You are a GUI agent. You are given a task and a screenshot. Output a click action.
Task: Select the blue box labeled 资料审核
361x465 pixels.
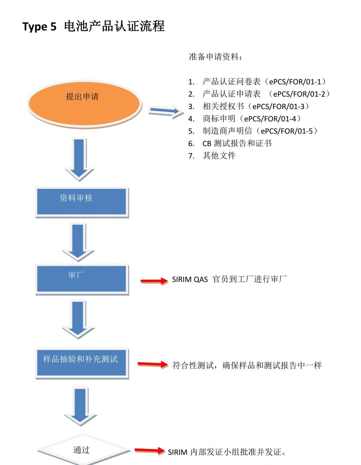click(x=82, y=201)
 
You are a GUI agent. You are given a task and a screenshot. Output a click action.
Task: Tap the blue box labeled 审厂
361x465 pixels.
click(x=82, y=279)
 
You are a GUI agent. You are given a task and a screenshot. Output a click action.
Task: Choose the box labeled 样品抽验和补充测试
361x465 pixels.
click(x=82, y=363)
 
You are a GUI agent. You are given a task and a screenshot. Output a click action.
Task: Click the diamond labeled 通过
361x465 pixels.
click(x=82, y=450)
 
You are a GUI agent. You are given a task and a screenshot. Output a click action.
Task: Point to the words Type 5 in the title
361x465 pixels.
click(x=39, y=27)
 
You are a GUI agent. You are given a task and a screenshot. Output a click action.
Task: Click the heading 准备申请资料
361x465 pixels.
click(x=215, y=57)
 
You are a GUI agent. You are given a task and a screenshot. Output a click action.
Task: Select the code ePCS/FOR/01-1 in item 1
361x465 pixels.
click(x=295, y=82)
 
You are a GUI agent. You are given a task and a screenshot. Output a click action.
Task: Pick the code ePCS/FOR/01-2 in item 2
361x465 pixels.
click(x=299, y=94)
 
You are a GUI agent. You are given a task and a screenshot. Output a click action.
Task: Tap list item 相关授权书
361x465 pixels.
click(x=223, y=106)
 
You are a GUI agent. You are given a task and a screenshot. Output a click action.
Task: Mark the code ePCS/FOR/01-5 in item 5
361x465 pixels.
click(x=286, y=131)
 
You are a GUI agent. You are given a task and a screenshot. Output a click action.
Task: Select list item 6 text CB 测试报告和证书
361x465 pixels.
click(x=237, y=143)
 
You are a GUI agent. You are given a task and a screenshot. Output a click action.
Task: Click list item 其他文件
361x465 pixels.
click(x=219, y=156)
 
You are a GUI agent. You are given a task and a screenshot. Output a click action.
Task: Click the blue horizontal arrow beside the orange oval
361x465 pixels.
click(x=166, y=112)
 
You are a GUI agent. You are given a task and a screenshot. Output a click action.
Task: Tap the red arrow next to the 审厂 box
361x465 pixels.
click(x=154, y=281)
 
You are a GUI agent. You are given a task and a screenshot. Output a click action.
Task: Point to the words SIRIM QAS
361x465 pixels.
click(x=190, y=280)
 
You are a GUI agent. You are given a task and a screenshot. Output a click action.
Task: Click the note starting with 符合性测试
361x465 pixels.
click(x=247, y=366)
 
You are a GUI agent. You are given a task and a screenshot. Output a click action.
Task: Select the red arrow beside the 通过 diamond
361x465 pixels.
click(x=150, y=451)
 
